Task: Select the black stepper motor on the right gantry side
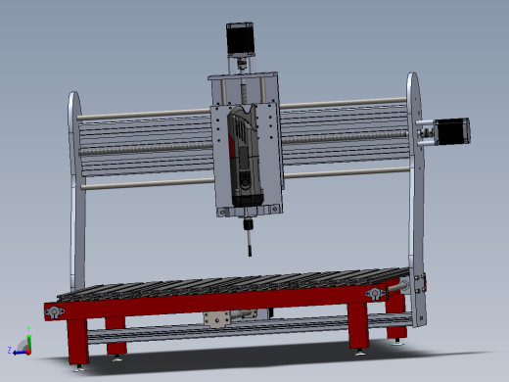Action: tap(452, 130)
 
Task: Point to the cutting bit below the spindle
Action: tap(249, 240)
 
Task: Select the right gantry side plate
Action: tap(415, 196)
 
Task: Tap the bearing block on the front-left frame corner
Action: tap(54, 311)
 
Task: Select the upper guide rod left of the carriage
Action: tap(147, 114)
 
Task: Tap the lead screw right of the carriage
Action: tap(343, 136)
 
